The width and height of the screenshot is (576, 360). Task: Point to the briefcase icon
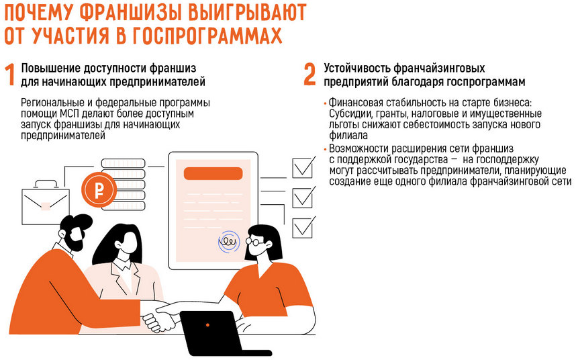45,202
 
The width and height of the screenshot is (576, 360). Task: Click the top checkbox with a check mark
303,167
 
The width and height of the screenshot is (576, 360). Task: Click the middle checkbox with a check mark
303,197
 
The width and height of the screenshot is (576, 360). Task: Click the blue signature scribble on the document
229,242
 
